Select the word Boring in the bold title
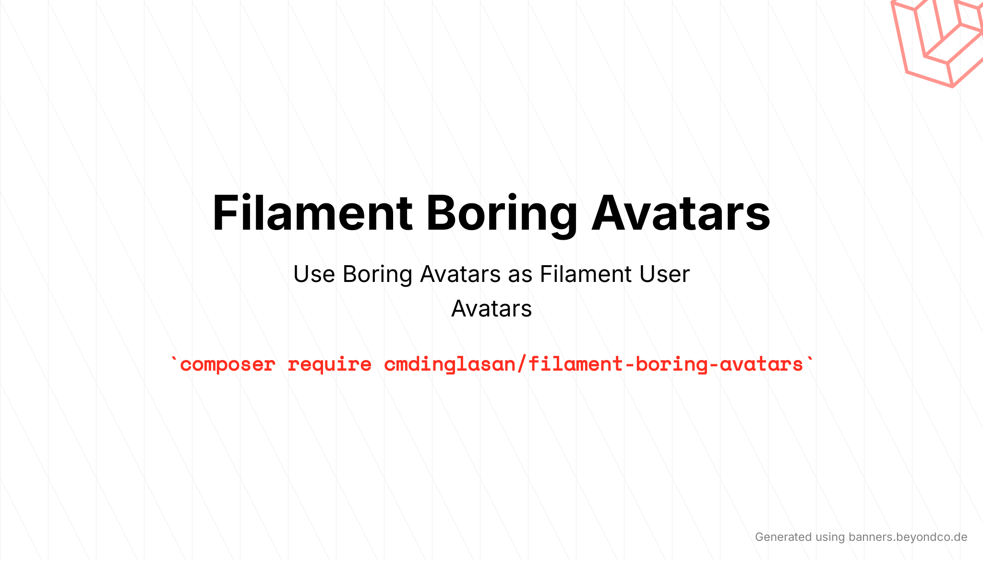tap(502, 215)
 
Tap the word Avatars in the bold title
tap(681, 213)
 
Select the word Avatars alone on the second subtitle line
tap(491, 309)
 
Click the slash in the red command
tap(522, 364)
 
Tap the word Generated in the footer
tap(783, 537)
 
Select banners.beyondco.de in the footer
tap(908, 537)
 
